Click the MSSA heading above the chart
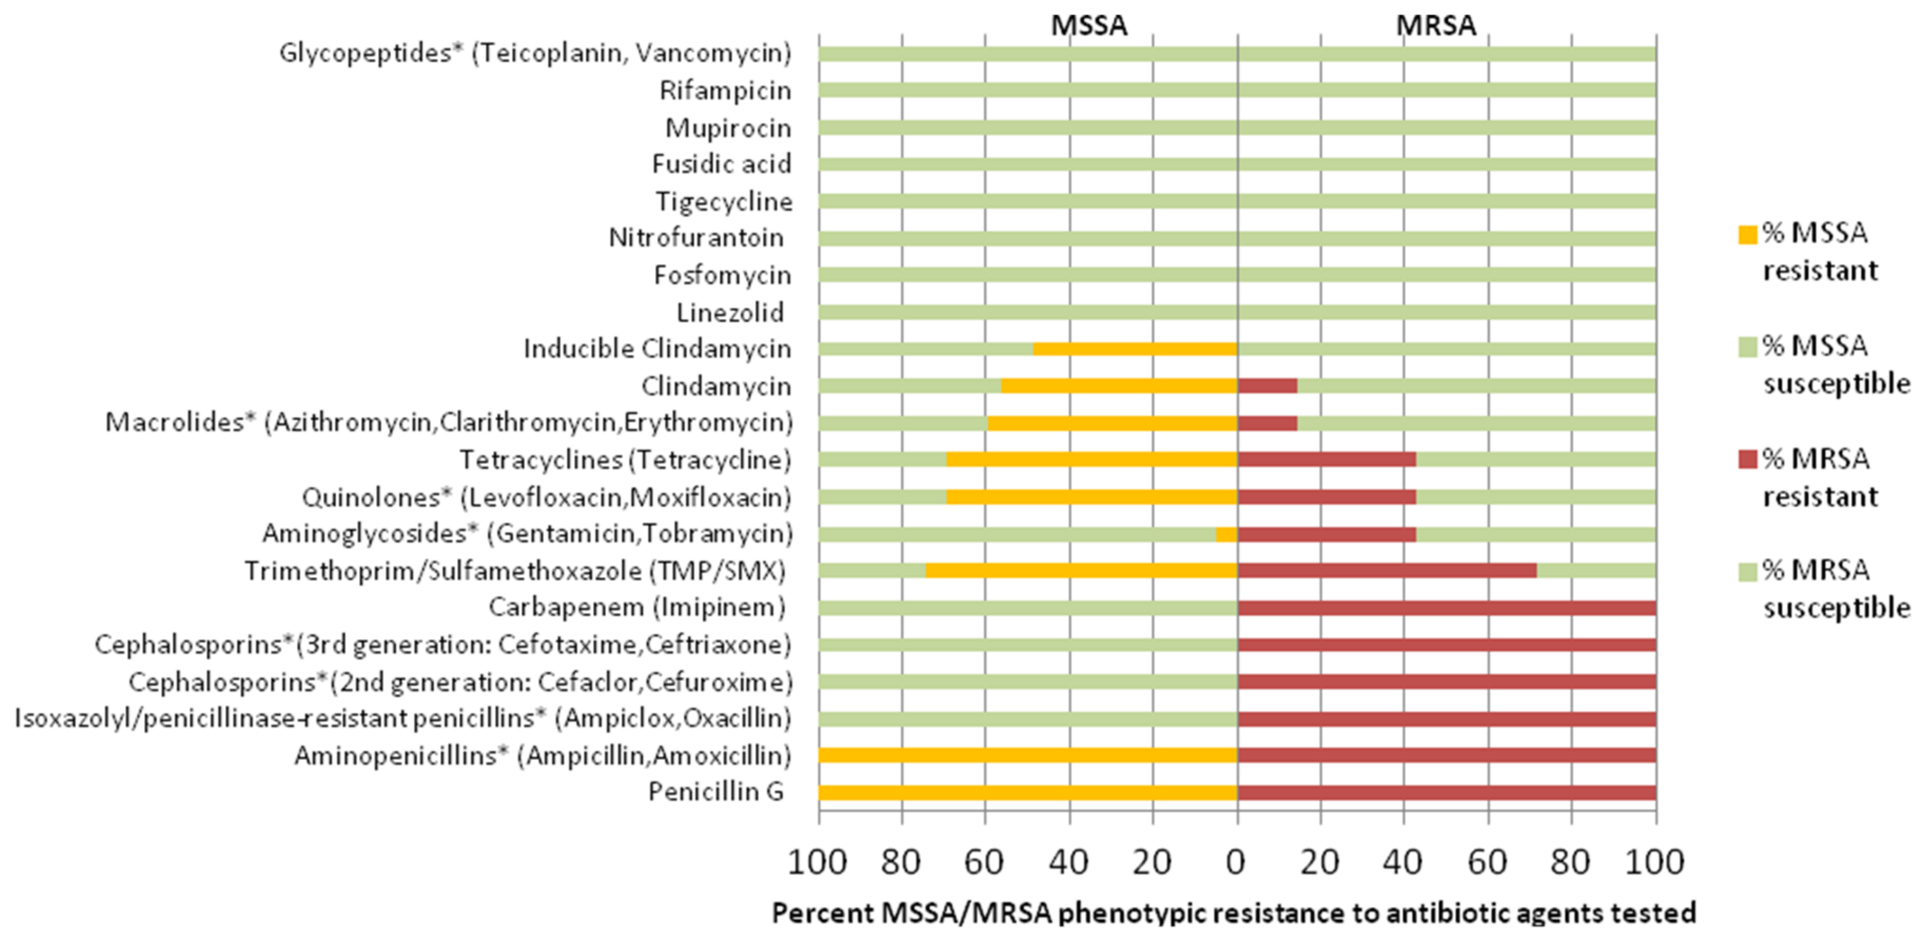click(1088, 25)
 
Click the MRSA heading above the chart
click(1436, 25)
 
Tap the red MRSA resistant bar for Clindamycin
click(1268, 386)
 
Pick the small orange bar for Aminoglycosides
click(1226, 534)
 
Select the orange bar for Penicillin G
click(1028, 792)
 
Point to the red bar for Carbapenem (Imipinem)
click(1446, 608)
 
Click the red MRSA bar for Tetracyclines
click(1327, 459)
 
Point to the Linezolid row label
click(730, 312)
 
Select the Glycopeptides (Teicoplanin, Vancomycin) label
click(535, 53)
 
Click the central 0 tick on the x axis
click(1236, 862)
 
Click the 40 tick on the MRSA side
click(1402, 862)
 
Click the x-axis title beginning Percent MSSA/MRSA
click(1234, 912)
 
